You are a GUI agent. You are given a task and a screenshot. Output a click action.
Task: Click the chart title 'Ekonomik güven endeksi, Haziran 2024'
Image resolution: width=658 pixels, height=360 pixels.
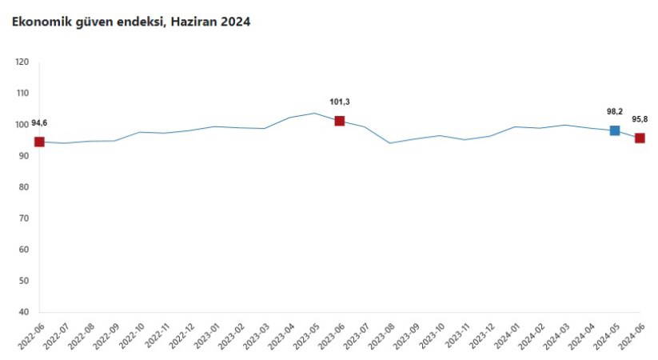[x=130, y=22]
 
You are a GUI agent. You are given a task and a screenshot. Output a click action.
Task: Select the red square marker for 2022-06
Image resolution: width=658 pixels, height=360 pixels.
[x=39, y=142]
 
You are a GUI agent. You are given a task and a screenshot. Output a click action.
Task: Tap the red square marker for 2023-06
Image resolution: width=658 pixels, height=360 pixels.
[x=340, y=121]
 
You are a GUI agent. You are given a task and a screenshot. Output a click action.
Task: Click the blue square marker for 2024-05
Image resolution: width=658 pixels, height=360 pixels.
[x=615, y=130]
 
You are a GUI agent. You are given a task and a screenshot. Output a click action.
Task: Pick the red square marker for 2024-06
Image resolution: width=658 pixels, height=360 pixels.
[x=640, y=138]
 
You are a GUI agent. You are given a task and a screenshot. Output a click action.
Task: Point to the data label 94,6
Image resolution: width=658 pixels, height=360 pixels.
[x=40, y=124]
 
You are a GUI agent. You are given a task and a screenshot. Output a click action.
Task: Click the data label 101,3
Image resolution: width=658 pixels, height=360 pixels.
[x=340, y=102]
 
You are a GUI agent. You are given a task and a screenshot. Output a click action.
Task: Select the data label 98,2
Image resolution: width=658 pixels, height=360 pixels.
[x=614, y=112]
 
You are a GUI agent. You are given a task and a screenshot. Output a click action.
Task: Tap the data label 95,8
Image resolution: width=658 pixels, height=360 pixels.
[x=640, y=119]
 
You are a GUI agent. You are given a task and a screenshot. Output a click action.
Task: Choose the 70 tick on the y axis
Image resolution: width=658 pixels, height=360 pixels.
[x=24, y=218]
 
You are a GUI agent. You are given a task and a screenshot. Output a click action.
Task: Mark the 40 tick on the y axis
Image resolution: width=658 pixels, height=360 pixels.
[x=24, y=312]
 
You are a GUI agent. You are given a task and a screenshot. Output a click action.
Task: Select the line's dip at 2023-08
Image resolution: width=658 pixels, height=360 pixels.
[x=389, y=143]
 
